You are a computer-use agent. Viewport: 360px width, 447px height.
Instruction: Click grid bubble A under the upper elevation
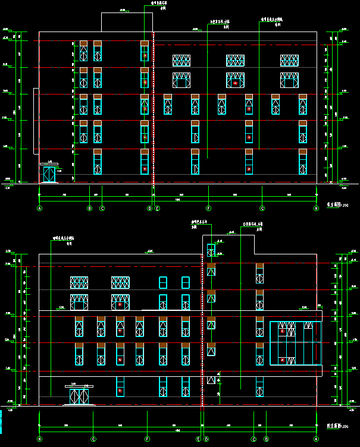[x=40, y=209]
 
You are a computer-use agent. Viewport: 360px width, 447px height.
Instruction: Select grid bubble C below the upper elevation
[x=102, y=209]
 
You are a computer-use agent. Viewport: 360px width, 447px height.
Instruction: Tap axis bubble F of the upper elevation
[x=209, y=209]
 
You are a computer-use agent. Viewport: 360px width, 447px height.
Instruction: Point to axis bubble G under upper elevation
[x=262, y=209]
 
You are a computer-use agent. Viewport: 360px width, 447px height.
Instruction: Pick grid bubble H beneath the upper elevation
[x=317, y=209]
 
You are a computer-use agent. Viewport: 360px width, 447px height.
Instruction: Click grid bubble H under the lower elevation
[x=40, y=439]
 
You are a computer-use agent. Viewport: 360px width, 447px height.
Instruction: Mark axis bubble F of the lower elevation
[x=146, y=439]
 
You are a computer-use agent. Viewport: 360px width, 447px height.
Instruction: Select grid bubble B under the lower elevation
[x=265, y=439]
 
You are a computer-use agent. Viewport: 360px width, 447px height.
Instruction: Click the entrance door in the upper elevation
[x=49, y=175]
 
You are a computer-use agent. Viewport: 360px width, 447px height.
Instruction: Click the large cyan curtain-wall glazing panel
[x=295, y=343]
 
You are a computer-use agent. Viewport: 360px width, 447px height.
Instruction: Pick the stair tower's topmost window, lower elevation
[x=211, y=250]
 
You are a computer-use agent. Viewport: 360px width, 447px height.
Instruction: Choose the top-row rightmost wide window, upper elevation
[x=290, y=61]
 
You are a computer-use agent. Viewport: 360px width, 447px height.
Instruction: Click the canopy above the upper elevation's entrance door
[x=48, y=165]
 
